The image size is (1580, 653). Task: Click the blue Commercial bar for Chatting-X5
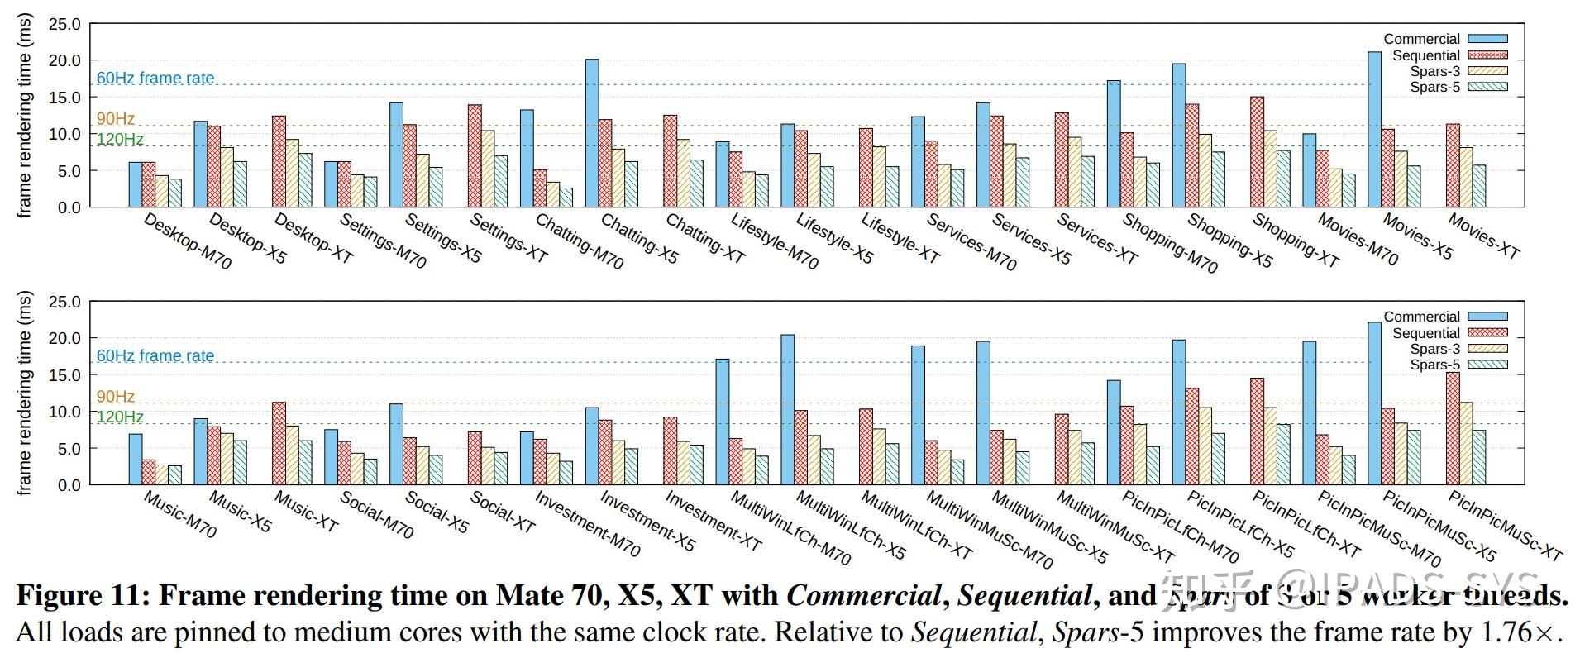coord(592,132)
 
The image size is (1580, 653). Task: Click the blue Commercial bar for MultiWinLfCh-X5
coord(788,409)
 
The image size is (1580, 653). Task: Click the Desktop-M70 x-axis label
coord(188,241)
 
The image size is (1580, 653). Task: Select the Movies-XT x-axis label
coord(1485,237)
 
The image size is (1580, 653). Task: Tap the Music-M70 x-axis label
coord(179,514)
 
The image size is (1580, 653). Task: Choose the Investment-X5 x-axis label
coord(647,521)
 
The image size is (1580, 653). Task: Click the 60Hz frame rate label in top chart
coord(155,79)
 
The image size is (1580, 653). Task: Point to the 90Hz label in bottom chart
coord(116,397)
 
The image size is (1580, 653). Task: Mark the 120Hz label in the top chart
coord(120,140)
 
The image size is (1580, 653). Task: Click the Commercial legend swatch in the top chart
coord(1488,39)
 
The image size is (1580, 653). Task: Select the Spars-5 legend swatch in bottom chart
coord(1488,365)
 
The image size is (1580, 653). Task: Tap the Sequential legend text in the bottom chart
coord(1425,333)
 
